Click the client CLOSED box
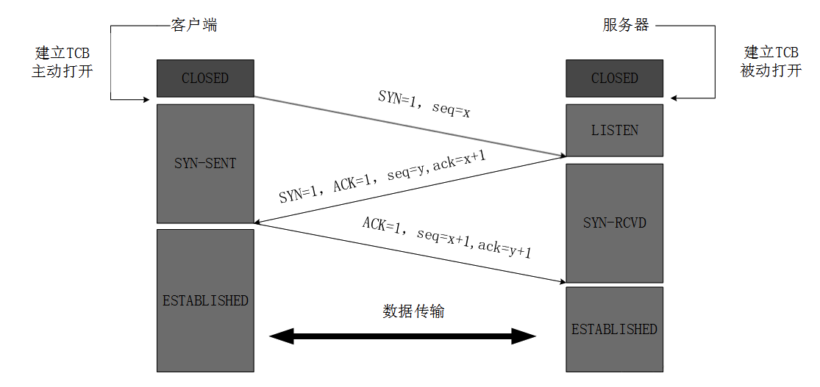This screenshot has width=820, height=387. pyautogui.click(x=205, y=79)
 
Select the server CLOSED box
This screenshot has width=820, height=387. pyautogui.click(x=614, y=79)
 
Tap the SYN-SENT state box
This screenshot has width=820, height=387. pyautogui.click(x=205, y=163)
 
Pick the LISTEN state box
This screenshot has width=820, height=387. pyautogui.click(x=614, y=131)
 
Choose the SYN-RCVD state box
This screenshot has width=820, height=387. pyautogui.click(x=614, y=222)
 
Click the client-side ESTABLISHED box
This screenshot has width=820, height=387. pyautogui.click(x=205, y=300)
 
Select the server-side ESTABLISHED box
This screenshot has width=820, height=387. pyautogui.click(x=614, y=329)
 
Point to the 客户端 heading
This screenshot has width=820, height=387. pyautogui.click(x=193, y=26)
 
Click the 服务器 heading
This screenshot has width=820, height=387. pyautogui.click(x=625, y=26)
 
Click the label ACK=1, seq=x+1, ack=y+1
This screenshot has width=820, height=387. pyautogui.click(x=446, y=237)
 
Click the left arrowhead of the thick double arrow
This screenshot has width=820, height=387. pyautogui.click(x=282, y=337)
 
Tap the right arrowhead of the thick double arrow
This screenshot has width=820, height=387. pyautogui.click(x=524, y=337)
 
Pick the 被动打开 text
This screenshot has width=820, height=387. pyautogui.click(x=771, y=72)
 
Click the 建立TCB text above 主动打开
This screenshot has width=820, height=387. pyautogui.click(x=63, y=54)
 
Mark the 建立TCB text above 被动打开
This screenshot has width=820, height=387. pyautogui.click(x=771, y=53)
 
